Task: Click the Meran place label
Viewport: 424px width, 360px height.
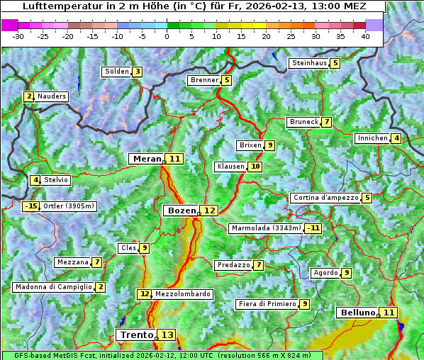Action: (147, 159)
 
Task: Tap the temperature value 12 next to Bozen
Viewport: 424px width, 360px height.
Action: (209, 210)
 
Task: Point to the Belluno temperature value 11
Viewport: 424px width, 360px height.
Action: (389, 313)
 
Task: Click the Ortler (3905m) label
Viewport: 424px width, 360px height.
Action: (69, 206)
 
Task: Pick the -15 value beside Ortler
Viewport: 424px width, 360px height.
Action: (30, 206)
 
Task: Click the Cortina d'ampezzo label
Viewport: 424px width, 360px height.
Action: (325, 198)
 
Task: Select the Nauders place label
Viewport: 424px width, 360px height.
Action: (52, 96)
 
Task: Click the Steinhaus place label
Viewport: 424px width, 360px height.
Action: (309, 63)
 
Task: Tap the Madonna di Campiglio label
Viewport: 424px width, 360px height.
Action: (53, 287)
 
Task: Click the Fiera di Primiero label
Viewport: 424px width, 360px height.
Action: (267, 304)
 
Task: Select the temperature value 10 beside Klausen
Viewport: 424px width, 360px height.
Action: (255, 167)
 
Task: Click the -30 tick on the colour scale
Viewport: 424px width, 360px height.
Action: (18, 36)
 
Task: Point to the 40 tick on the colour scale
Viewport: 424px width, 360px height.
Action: (365, 36)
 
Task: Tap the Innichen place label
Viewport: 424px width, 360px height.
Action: (373, 138)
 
